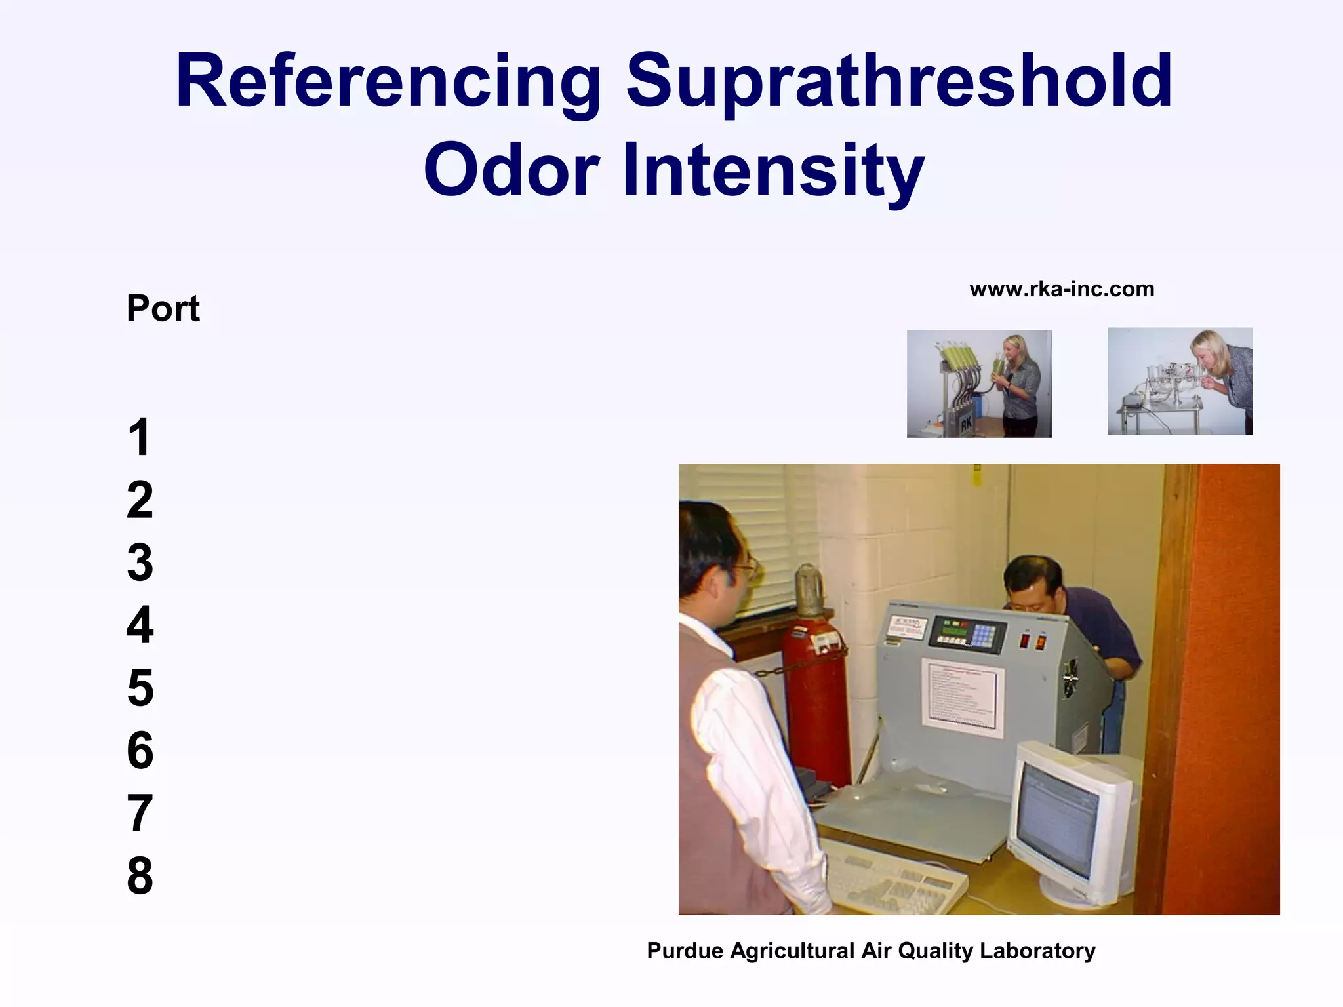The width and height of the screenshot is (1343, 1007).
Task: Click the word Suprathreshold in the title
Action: tap(898, 82)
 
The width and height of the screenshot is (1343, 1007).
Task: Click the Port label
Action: tap(163, 308)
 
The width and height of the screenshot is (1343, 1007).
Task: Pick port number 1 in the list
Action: tap(139, 437)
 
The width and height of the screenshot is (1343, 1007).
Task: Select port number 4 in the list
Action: tap(140, 625)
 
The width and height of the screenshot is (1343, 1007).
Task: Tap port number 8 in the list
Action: tap(140, 875)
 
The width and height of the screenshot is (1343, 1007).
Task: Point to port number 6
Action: tap(140, 751)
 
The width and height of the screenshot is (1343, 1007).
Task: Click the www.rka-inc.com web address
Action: tap(1062, 289)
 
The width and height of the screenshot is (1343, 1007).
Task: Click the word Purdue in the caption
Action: tap(685, 951)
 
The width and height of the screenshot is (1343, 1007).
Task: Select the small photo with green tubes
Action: tap(978, 384)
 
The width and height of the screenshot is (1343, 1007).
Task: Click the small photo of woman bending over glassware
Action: tap(1180, 381)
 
